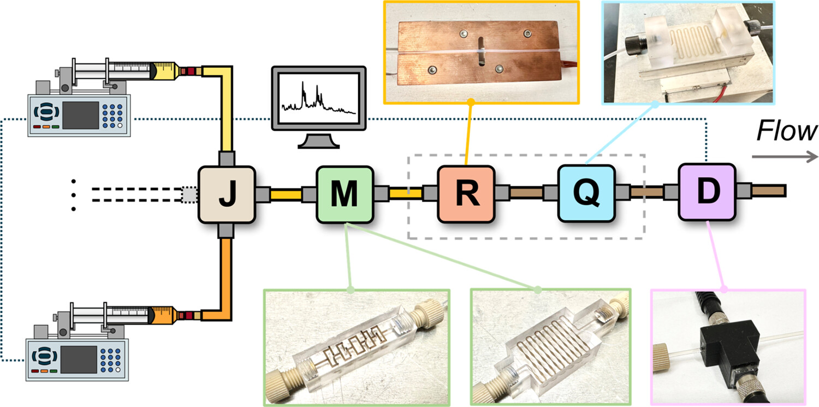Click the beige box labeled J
coord(226,195)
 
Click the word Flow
coord(786,131)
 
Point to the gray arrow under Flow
coord(784,156)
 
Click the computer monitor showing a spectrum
coord(318,98)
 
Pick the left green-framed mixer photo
coord(357,347)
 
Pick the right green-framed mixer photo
coord(550,347)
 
